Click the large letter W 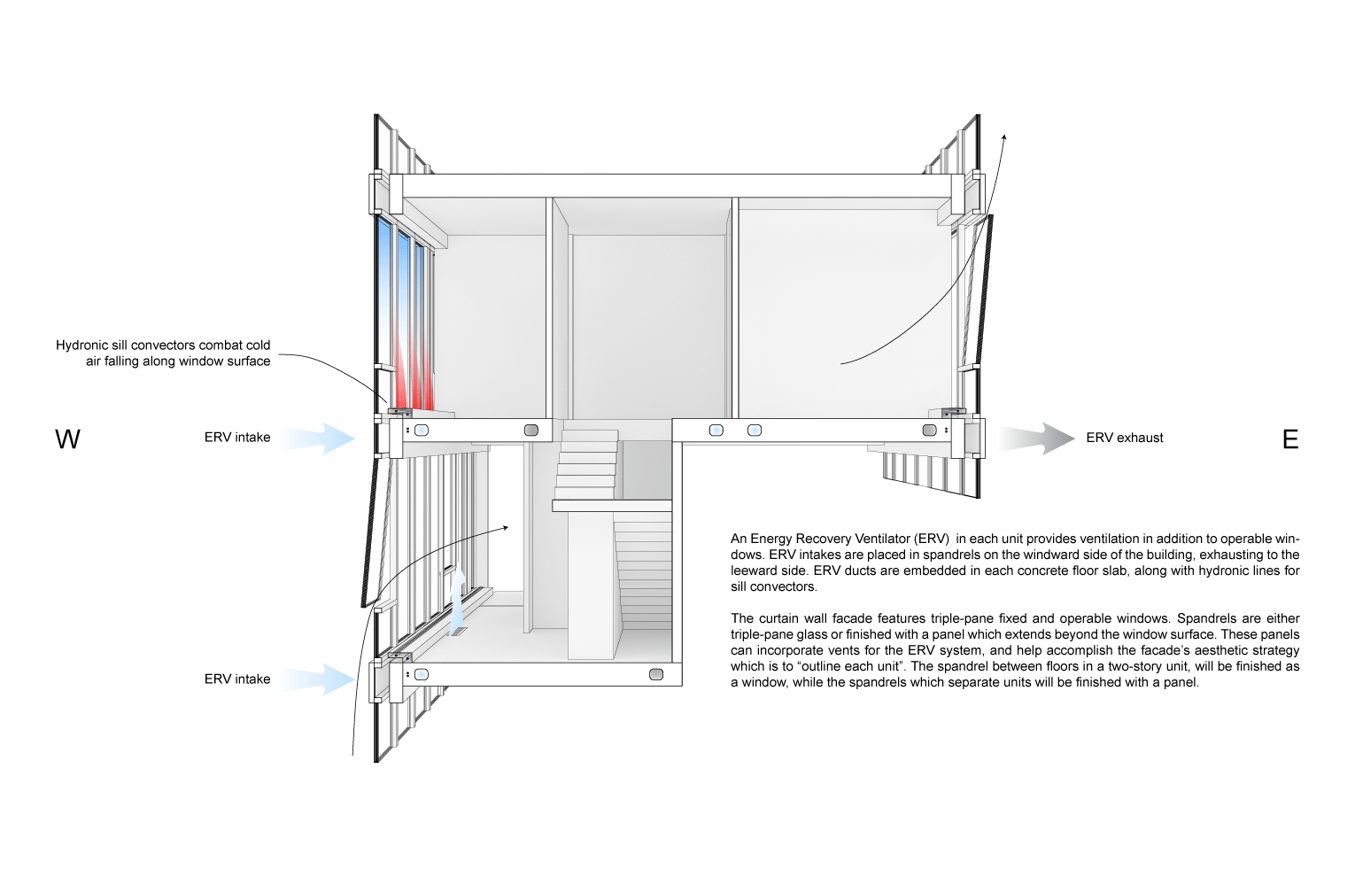tap(67, 439)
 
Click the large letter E tap(1290, 439)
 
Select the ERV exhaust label tap(1124, 438)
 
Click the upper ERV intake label tap(237, 438)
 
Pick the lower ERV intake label tap(237, 679)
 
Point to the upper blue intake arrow tap(321, 438)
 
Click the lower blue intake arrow tap(321, 679)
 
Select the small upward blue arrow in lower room tap(457, 598)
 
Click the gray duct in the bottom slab tap(656, 674)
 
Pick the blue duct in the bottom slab tap(422, 674)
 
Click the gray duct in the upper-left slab tap(531, 431)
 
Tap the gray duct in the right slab tap(929, 431)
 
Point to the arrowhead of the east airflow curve tap(1004, 137)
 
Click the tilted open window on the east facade tap(977, 292)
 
